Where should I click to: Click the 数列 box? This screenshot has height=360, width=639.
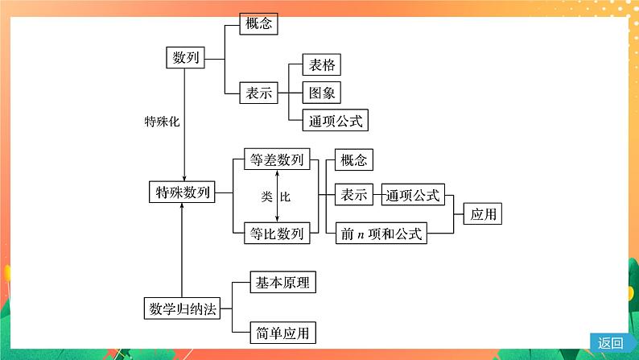[184, 59]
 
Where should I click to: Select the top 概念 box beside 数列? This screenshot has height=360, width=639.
[258, 23]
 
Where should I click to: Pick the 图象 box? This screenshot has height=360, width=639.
[322, 93]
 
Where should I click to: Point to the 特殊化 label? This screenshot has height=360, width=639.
[161, 122]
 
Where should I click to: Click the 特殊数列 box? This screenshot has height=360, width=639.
[183, 192]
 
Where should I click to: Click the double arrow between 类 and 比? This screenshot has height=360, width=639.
[277, 197]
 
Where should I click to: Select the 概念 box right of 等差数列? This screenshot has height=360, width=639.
[353, 161]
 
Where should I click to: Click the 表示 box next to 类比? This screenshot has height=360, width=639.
[353, 195]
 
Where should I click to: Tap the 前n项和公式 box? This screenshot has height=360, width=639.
[381, 234]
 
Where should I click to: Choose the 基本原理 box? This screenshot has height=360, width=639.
[282, 283]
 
